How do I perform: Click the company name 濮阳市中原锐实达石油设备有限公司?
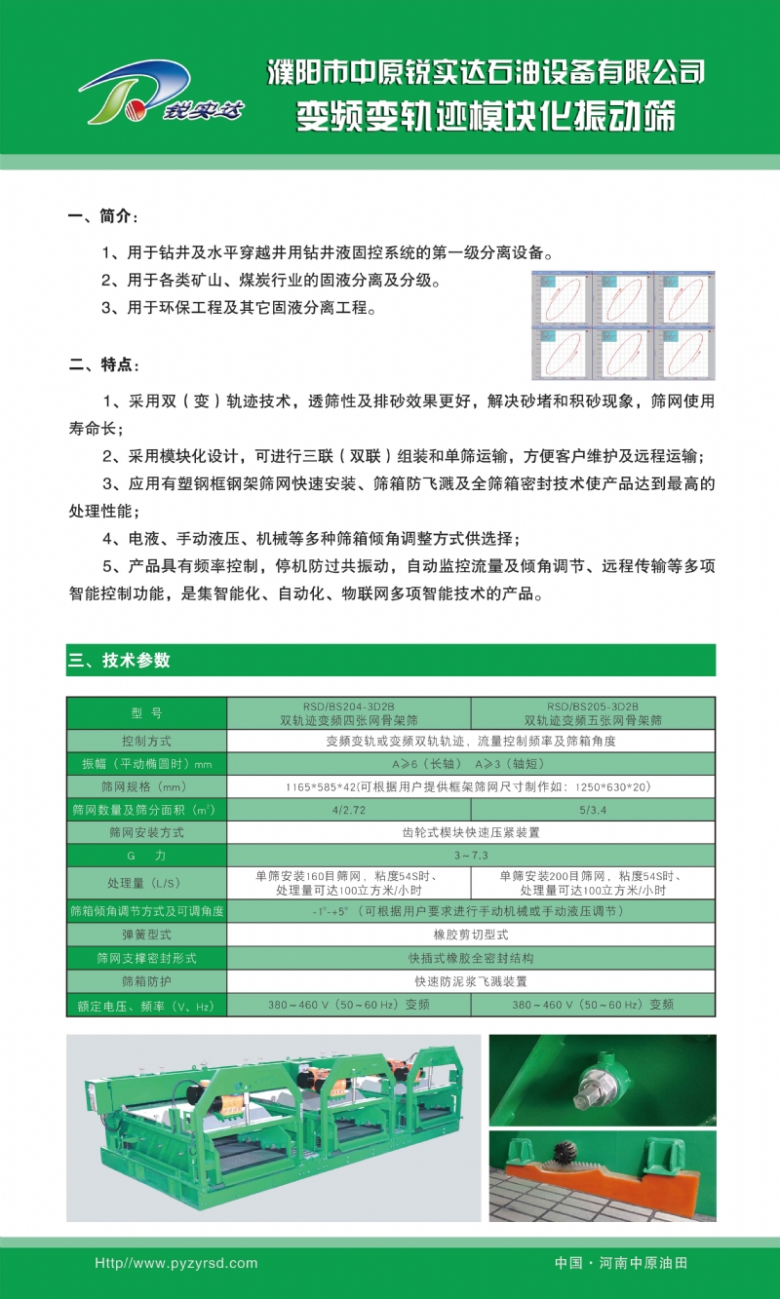[486, 71]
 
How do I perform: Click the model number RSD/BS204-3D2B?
[348, 707]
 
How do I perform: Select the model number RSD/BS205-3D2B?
[593, 707]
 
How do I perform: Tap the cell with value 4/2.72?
[348, 810]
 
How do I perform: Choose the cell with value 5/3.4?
[593, 810]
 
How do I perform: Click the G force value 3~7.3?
[470, 855]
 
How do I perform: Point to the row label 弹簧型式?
[146, 935]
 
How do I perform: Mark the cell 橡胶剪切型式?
[470, 935]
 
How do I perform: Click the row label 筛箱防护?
[146, 981]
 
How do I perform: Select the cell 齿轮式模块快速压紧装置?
[470, 832]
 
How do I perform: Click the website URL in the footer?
[175, 1263]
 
